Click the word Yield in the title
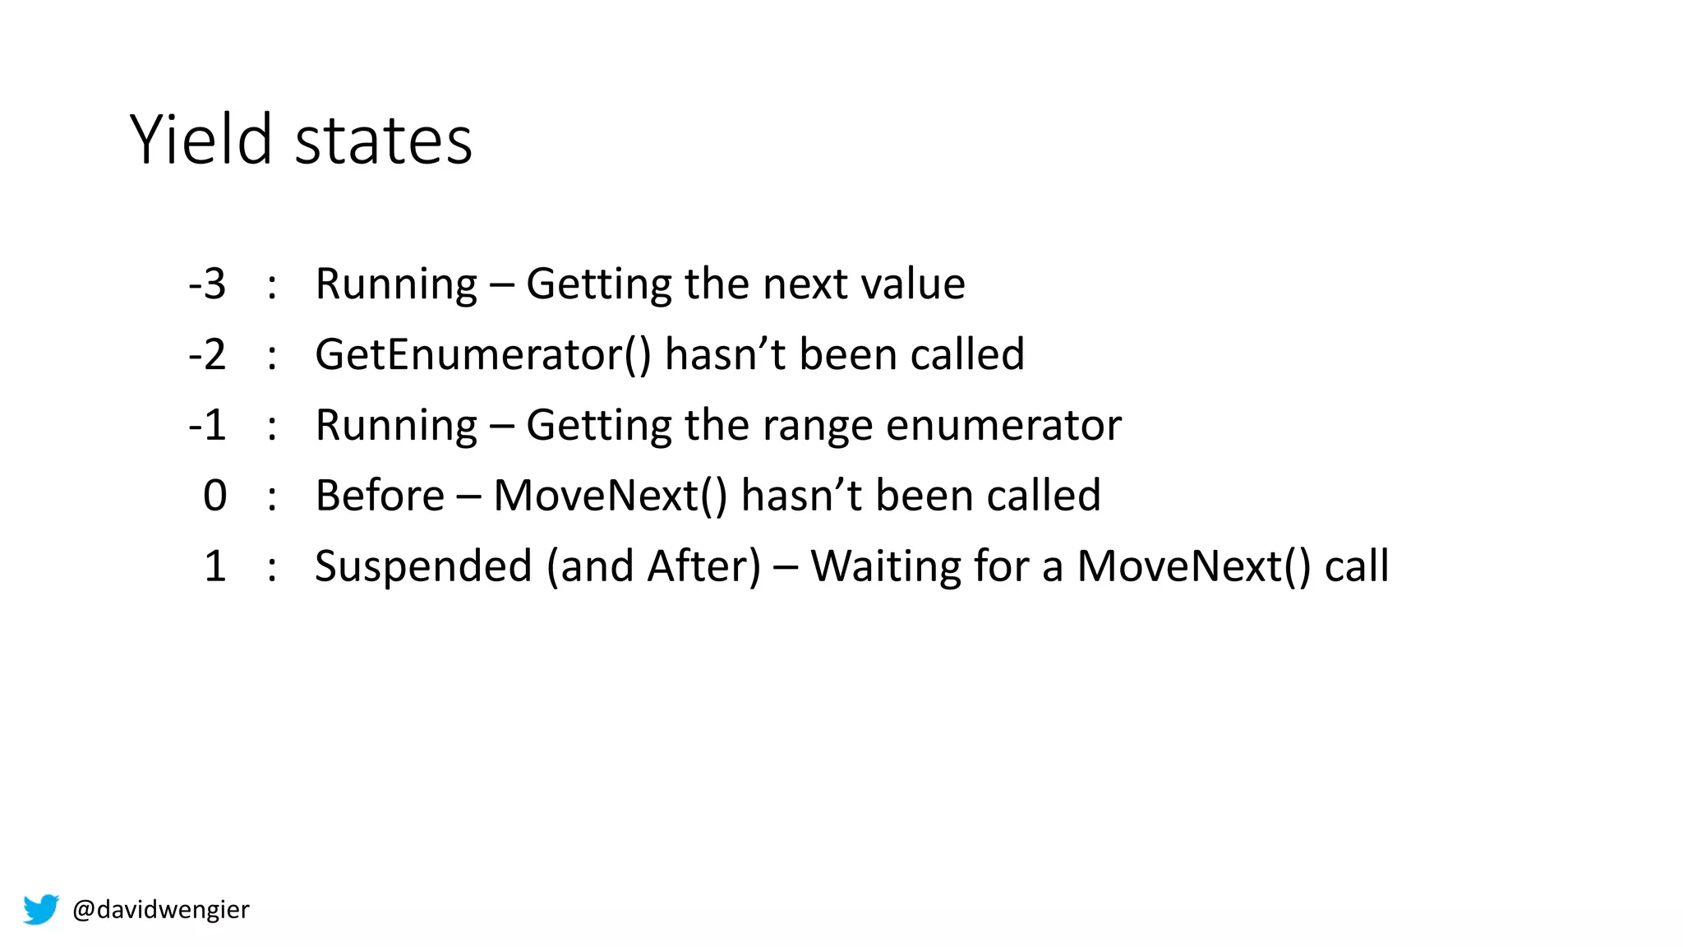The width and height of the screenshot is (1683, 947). [x=201, y=140]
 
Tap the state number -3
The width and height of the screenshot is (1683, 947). [x=207, y=284]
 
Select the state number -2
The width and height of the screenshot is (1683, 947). [x=207, y=355]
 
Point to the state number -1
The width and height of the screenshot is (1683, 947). [x=207, y=426]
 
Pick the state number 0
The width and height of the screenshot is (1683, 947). [x=215, y=497]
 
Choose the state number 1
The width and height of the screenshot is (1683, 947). [x=215, y=567]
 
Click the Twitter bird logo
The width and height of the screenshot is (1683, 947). [x=41, y=909]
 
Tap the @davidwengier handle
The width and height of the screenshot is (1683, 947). [x=161, y=909]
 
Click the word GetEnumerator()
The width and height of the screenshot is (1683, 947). [x=483, y=355]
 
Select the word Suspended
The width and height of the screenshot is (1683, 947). [x=423, y=567]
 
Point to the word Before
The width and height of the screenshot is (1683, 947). [x=380, y=497]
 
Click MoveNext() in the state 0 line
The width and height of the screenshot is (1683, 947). [x=611, y=497]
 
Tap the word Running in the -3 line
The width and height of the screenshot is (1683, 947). [x=396, y=284]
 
